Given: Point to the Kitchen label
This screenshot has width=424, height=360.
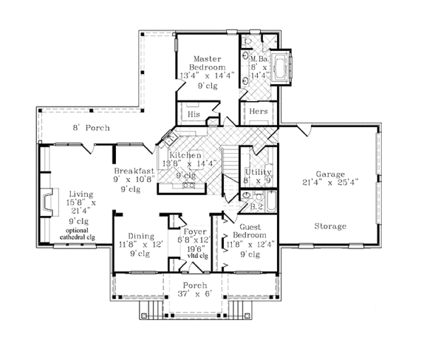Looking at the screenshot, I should tap(185, 155).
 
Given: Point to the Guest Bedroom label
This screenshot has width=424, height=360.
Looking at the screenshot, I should tap(249, 234).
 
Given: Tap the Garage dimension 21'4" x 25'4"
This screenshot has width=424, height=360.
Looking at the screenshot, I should tap(329, 181).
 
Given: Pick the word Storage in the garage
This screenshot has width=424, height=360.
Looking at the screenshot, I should tap(329, 227).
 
